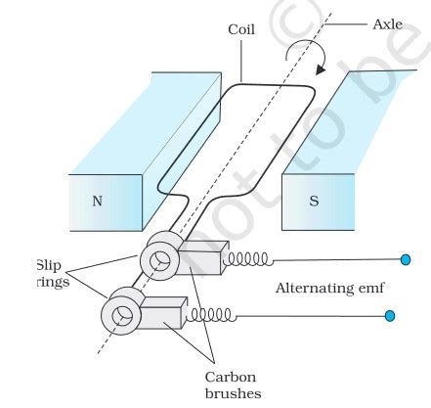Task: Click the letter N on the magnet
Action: click(97, 202)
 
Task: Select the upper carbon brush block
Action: click(199, 265)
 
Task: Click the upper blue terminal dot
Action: click(405, 259)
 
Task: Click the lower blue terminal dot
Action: click(389, 316)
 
